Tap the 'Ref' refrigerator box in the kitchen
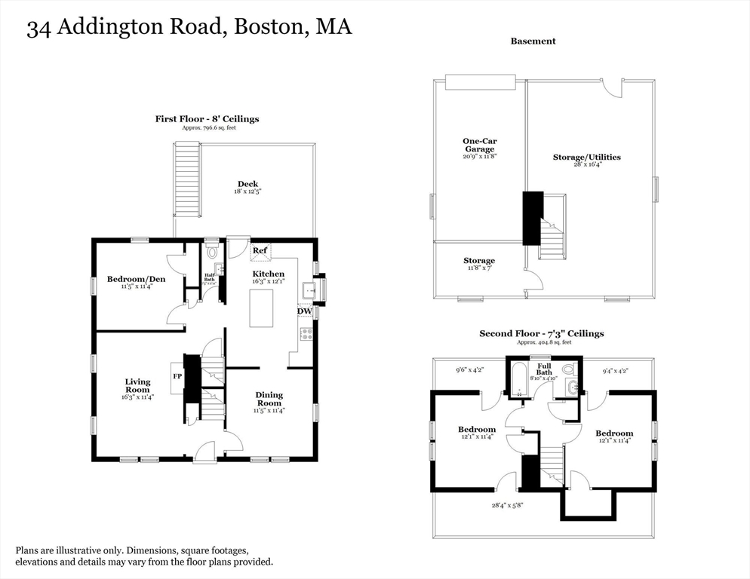click(x=260, y=251)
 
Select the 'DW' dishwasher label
click(x=305, y=311)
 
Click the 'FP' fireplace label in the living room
click(x=177, y=375)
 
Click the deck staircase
click(x=187, y=180)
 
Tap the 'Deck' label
click(x=247, y=184)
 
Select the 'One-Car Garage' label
click(x=479, y=145)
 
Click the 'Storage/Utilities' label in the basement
click(x=586, y=157)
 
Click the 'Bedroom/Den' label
click(x=136, y=280)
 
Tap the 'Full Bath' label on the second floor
click(x=544, y=369)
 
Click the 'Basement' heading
click(x=533, y=41)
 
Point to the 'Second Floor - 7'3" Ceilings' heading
click(x=541, y=333)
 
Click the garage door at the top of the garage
click(x=480, y=81)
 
